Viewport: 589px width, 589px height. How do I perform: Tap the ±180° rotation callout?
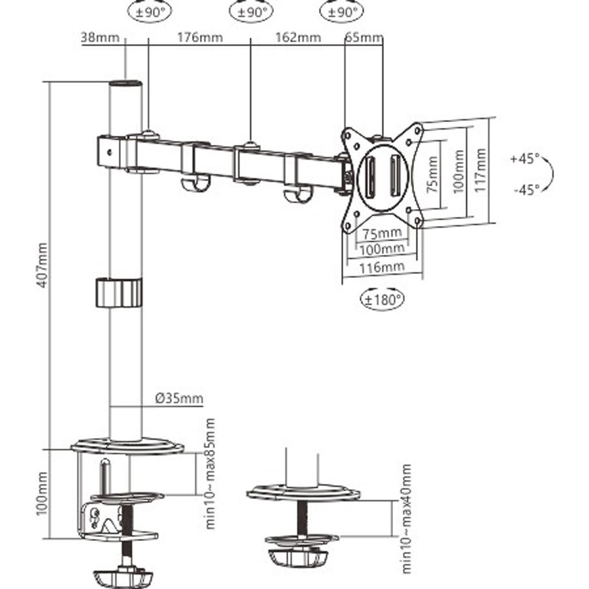[382, 299]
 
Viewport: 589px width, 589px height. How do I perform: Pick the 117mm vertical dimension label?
[480, 170]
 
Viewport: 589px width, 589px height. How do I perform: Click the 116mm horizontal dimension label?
[382, 266]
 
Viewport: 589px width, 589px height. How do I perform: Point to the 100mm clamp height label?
[40, 493]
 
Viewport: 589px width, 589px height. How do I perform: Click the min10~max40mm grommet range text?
[406, 519]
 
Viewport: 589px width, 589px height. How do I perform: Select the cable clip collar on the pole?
[118, 293]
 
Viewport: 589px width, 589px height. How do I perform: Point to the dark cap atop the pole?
[125, 84]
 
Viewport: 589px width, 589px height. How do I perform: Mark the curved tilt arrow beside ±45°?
[548, 173]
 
